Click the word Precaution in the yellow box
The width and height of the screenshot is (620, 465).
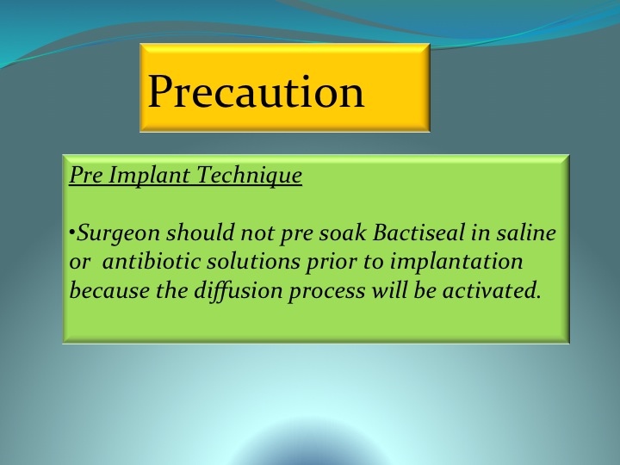[x=256, y=92]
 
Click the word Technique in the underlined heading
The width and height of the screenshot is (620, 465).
[x=250, y=175]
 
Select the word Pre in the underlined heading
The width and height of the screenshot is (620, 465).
[x=85, y=175]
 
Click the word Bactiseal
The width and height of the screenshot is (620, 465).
[x=418, y=232]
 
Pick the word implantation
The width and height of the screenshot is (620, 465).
[x=456, y=263]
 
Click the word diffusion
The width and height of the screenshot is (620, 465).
[x=238, y=291]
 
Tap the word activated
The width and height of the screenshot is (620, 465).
[x=492, y=291]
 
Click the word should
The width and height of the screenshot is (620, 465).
[x=200, y=232]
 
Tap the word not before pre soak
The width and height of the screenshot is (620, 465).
[x=257, y=232]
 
